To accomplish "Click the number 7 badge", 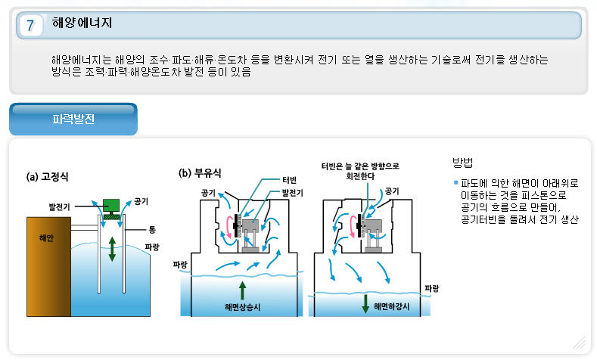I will [x=30, y=25].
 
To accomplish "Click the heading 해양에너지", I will [x=82, y=23].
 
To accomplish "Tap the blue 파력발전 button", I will [x=73, y=119].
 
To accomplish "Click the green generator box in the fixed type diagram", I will [x=112, y=205].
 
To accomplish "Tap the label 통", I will [x=151, y=228].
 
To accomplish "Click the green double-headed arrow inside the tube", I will [x=112, y=248].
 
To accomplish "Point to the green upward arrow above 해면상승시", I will [x=242, y=290].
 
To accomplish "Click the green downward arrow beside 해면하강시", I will [x=365, y=304].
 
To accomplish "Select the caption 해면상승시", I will [x=243, y=307].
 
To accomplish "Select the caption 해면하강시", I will [x=393, y=307].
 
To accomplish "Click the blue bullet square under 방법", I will [x=456, y=183].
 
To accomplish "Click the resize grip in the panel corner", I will [x=580, y=343].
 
